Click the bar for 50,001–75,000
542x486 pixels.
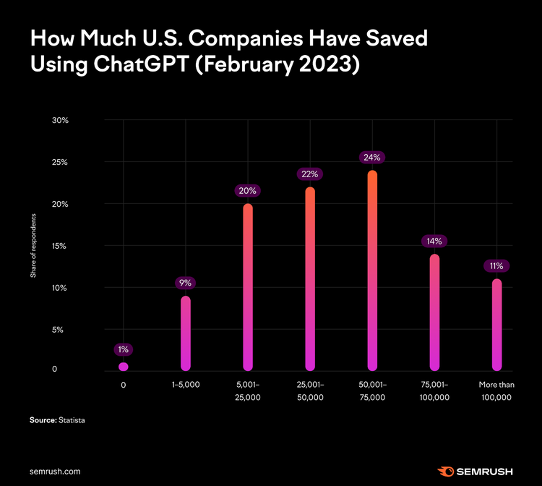[372, 270]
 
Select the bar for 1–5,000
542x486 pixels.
[186, 333]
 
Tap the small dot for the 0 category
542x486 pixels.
[124, 367]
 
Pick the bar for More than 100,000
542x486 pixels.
[496, 325]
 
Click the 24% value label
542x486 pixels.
[372, 158]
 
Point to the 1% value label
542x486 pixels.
[124, 349]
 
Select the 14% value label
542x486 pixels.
[434, 241]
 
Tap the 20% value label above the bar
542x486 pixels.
[247, 191]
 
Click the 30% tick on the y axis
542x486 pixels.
[60, 120]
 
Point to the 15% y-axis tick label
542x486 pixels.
[59, 246]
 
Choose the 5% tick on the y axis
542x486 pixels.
[58, 330]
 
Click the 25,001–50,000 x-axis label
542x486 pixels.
[310, 391]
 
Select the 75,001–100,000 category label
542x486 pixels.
[434, 391]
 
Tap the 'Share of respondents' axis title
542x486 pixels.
[33, 246]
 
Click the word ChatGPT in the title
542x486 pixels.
[142, 64]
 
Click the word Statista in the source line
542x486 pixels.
[72, 420]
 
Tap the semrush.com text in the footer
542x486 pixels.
[55, 472]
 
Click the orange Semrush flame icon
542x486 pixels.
[446, 472]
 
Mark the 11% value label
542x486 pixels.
[496, 266]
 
